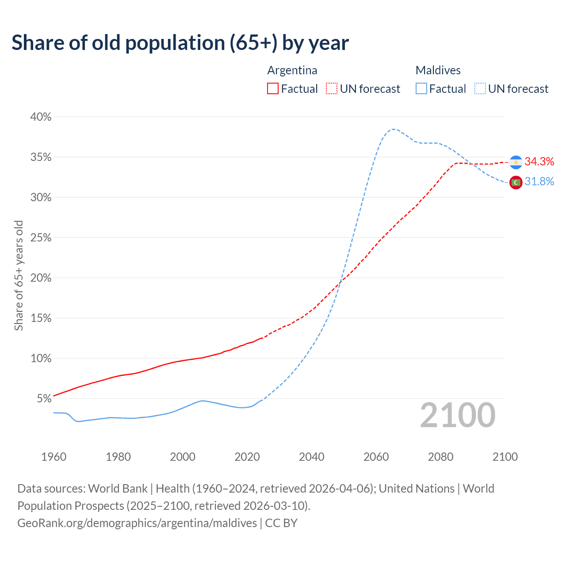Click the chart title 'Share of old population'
point(180,43)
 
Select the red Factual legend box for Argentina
point(273,89)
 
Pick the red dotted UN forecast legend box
point(332,89)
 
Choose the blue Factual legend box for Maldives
point(421,89)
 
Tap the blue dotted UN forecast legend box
point(480,89)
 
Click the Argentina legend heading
point(292,70)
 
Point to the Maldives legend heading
point(438,70)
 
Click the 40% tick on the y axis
point(41,117)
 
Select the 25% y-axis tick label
point(41,238)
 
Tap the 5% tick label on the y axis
point(44,399)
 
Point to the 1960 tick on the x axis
point(54,457)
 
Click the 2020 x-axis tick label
point(247,457)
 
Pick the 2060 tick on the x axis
point(376,457)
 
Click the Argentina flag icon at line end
point(516,162)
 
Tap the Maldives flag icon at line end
point(516,182)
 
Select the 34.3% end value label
point(539,162)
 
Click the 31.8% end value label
point(539,182)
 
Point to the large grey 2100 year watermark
point(458,415)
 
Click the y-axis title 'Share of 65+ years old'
point(19,275)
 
